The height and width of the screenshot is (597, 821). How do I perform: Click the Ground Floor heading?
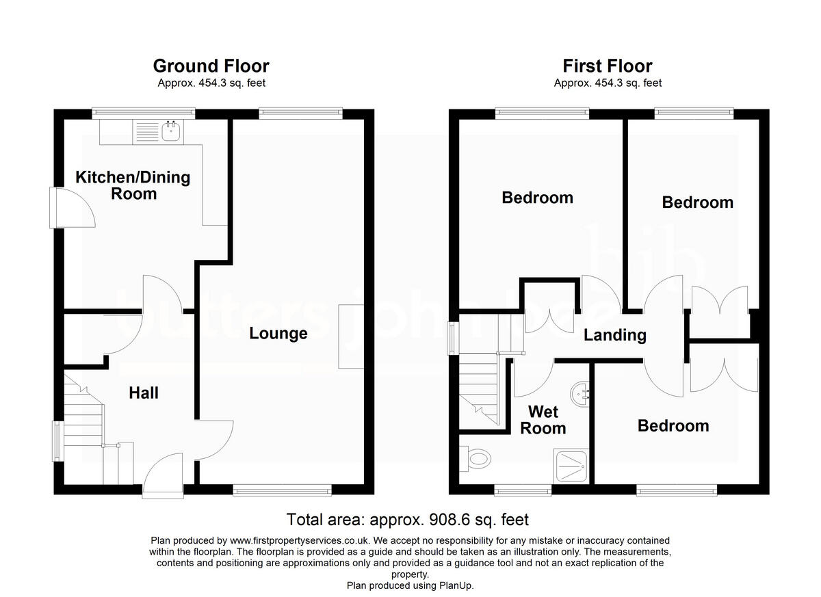pos(211,66)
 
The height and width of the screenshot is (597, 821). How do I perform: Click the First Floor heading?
pos(607,66)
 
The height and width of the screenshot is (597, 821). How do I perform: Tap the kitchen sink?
pos(170,131)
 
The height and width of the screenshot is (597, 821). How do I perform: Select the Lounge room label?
pos(278,334)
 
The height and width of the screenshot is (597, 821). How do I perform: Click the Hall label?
pos(144,393)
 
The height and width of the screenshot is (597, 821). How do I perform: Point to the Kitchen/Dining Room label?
pos(132,185)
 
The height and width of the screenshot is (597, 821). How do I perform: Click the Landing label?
pos(614,335)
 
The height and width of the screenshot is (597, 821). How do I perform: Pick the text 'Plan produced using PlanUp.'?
pos(410,585)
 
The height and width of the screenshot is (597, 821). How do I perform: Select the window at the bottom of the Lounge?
pos(282,490)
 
